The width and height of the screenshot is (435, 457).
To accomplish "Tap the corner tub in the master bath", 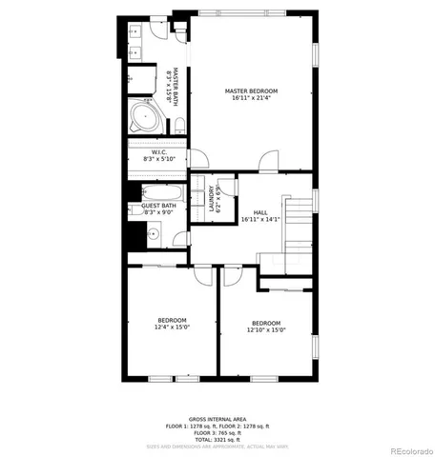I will coord(146,119).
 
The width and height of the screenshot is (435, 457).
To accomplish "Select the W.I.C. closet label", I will coord(159,153).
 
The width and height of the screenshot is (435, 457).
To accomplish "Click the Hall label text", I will coord(259,212).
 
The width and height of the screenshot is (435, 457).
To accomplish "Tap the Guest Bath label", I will coord(158,206).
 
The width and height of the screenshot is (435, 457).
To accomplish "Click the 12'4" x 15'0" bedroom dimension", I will coord(172,327).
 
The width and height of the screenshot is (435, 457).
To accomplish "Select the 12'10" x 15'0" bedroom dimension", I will coord(266,329).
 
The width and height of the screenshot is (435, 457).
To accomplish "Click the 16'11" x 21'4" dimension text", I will coord(251,98).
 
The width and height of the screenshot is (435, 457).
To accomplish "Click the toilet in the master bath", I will coord(178,126).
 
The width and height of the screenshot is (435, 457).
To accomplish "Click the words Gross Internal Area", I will coord(217,418).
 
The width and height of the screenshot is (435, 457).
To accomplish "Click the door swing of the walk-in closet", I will coord(197,159).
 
